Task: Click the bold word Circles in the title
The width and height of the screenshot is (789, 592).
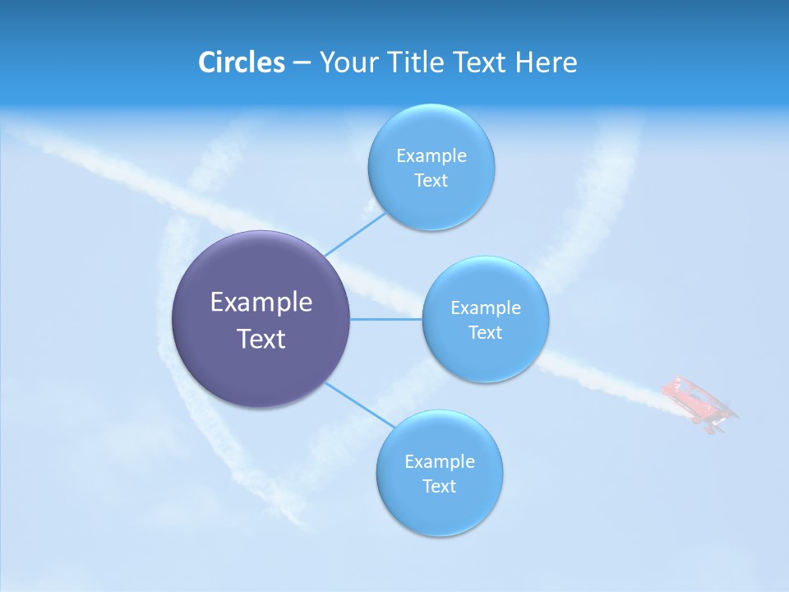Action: coord(241,62)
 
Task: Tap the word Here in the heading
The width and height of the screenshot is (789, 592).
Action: coord(546,62)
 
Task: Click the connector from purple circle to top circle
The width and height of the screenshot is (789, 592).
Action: coord(355,234)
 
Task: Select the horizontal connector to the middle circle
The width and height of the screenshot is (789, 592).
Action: coord(386,319)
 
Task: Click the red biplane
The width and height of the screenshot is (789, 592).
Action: coord(699,403)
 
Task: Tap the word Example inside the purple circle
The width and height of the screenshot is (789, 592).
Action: coord(261,303)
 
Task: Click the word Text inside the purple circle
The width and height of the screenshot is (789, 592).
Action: coord(261,339)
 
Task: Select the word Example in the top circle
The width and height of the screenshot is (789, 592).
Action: coord(431,156)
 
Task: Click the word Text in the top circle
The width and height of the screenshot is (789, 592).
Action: coord(431,181)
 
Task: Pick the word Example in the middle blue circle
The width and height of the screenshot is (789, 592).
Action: coord(485,308)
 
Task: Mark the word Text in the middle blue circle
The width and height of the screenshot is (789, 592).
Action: coord(485,333)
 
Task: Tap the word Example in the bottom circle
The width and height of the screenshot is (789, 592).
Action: coord(439,462)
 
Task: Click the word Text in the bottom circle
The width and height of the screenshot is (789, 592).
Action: coord(439,487)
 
